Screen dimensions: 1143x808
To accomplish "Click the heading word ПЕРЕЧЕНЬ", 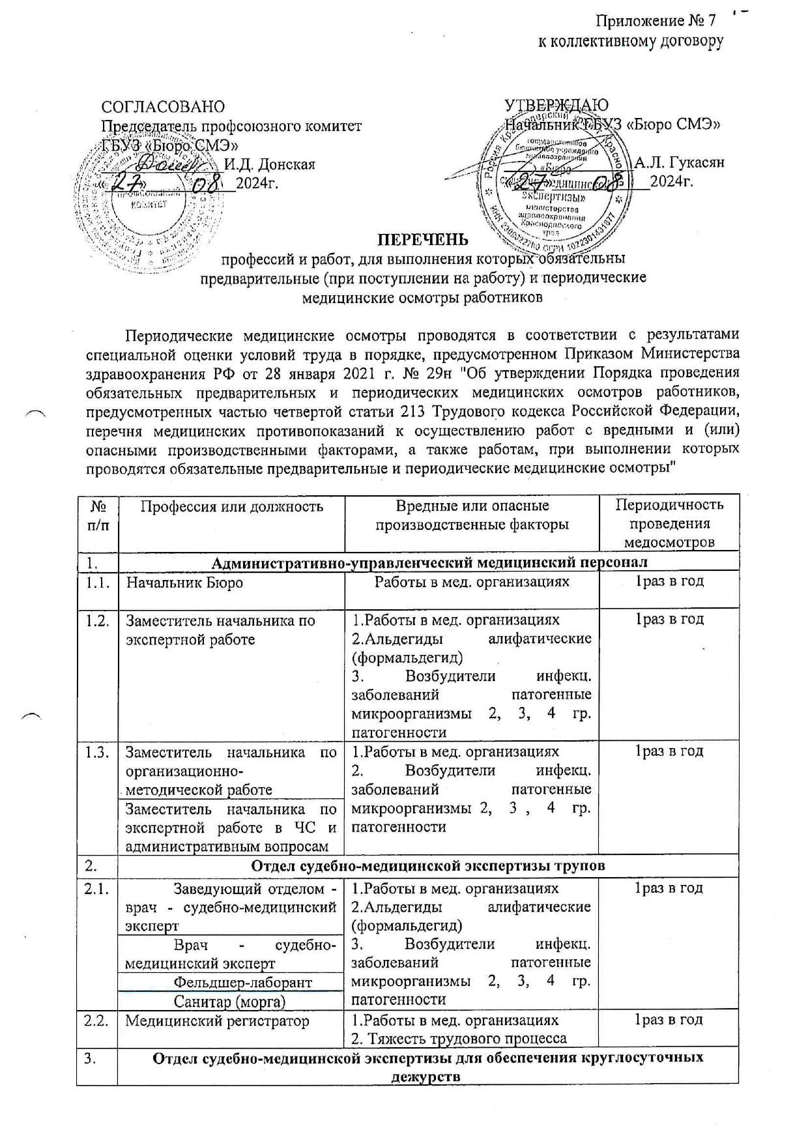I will tap(424, 239).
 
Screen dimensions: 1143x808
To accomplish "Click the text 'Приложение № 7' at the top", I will tap(659, 21).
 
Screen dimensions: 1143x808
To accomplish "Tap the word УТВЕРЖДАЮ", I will tap(557, 106).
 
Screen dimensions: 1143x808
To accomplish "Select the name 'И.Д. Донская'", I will tap(270, 164).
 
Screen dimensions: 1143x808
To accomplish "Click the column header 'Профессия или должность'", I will tap(224, 506).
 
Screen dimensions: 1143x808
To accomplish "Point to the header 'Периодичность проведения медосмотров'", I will tap(669, 523).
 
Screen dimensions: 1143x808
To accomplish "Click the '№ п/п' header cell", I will tap(97, 515).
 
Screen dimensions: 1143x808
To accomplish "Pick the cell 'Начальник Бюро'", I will tap(184, 582).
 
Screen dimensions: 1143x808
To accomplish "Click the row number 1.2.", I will tap(97, 620).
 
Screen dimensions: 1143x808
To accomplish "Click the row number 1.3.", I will tap(97, 751).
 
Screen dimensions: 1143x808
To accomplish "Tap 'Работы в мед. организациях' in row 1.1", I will tap(471, 582).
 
